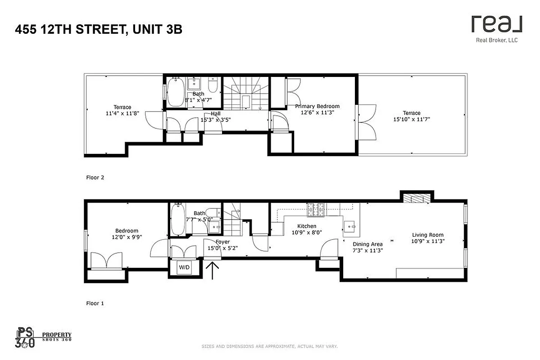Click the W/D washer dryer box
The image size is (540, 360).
coord(184,267)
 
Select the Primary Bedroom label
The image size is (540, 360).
coord(317,107)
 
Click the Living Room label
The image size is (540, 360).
coord(427,235)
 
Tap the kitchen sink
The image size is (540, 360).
coord(349,225)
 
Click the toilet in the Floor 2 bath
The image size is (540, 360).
coord(213,85)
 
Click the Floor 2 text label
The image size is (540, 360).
coord(95,177)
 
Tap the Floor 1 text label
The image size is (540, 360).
coord(95,303)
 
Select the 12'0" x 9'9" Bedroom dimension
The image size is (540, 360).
coord(126,237)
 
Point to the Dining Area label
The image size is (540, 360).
coord(368,244)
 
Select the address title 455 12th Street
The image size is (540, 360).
coord(99,30)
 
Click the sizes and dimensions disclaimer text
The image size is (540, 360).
coord(269,346)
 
